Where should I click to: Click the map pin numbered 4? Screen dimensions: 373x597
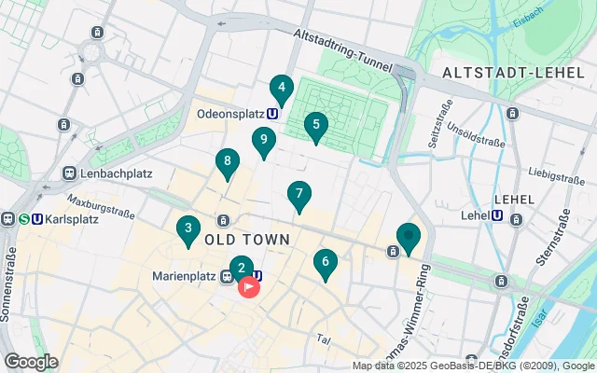pyautogui.click(x=281, y=90)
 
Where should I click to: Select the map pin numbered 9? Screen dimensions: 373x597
pyautogui.click(x=264, y=142)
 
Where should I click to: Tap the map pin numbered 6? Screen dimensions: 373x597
pyautogui.click(x=325, y=264)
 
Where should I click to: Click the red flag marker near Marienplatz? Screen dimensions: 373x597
pyautogui.click(x=249, y=286)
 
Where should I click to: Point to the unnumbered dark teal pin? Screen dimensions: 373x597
pyautogui.click(x=408, y=238)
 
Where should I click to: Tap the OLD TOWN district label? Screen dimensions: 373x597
pyautogui.click(x=246, y=240)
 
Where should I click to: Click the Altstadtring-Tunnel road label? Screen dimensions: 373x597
pyautogui.click(x=346, y=46)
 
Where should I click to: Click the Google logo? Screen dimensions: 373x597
pyautogui.click(x=31, y=362)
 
